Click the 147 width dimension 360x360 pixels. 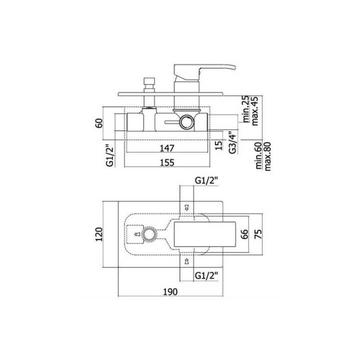[x=167, y=148]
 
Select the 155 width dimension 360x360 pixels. [x=167, y=162]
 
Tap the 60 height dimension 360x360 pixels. [x=99, y=123]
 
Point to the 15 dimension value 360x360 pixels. [x=219, y=145]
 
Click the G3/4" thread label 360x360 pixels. [x=232, y=142]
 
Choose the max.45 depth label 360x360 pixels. [x=255, y=110]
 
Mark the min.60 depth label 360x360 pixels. [x=259, y=155]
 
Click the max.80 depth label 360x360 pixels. [x=267, y=156]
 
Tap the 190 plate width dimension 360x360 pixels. [x=170, y=292]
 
